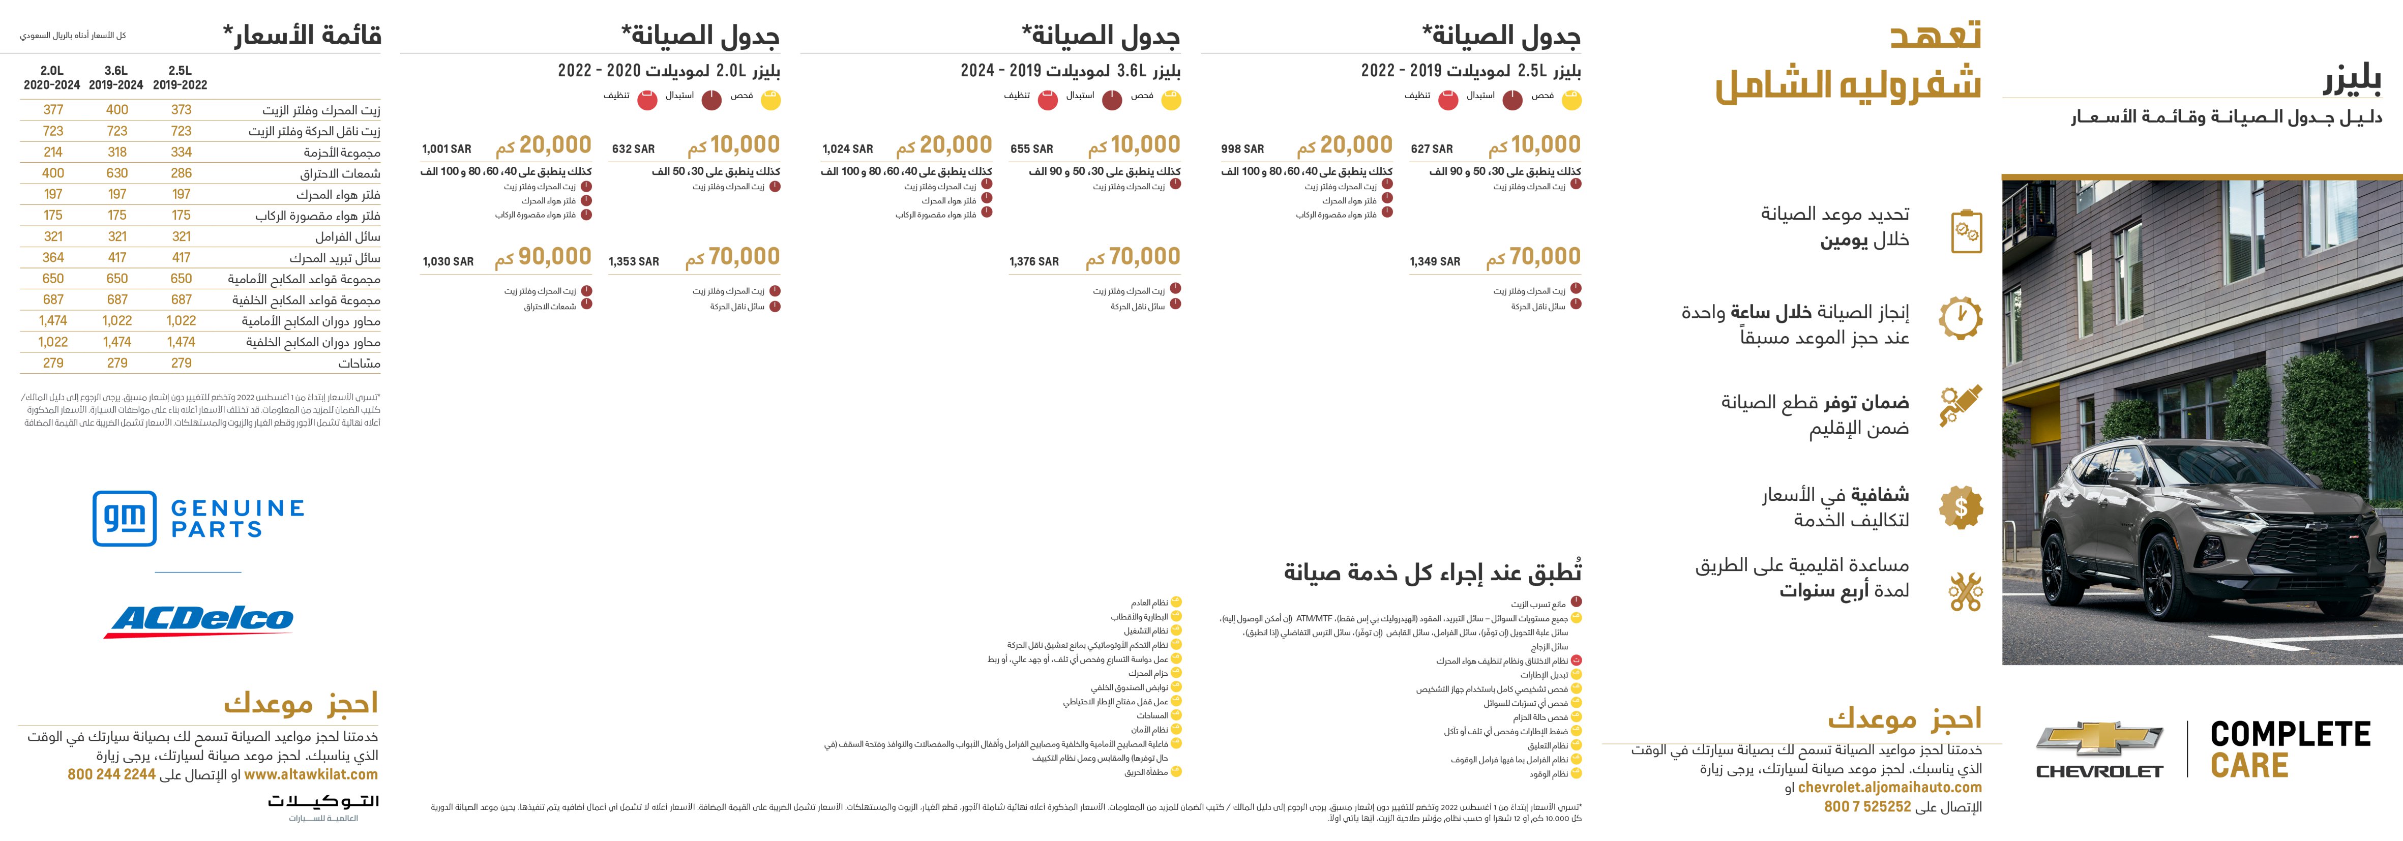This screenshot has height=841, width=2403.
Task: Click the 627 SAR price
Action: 1432,149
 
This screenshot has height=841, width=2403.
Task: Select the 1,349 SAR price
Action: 1435,262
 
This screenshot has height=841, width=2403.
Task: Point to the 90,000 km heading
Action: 543,257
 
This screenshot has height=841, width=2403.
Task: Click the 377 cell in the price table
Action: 53,110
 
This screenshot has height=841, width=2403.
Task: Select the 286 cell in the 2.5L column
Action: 181,173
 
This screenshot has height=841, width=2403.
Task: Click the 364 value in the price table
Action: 53,257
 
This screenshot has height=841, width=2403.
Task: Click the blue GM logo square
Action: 124,519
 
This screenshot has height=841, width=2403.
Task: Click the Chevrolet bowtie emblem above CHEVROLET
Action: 2099,739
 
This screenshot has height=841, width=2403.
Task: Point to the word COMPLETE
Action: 2290,735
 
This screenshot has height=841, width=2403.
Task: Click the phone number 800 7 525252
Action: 1867,806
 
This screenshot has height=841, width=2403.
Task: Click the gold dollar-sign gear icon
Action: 1961,507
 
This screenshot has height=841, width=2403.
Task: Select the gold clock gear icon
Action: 1961,317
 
